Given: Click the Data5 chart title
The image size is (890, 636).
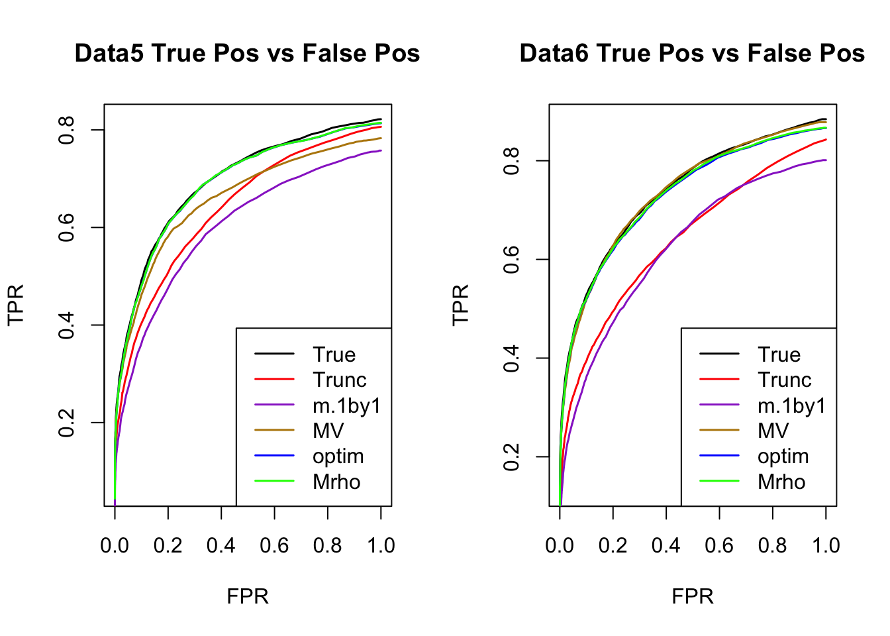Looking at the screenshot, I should click(247, 54).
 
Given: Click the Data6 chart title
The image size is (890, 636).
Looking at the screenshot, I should click(692, 54).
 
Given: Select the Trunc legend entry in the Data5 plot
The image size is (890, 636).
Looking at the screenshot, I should click(339, 380).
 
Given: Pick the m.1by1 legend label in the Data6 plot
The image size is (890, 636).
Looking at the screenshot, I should click(792, 405).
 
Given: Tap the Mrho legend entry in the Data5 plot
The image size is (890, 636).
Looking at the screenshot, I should click(336, 482).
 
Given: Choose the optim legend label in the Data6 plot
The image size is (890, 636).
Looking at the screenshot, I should click(783, 456).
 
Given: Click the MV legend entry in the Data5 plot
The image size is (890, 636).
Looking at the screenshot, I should click(328, 431).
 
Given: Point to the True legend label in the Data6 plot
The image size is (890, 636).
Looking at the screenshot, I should click(779, 355).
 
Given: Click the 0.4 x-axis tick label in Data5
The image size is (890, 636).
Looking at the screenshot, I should click(221, 546).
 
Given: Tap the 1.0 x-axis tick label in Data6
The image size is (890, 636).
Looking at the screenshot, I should click(826, 546).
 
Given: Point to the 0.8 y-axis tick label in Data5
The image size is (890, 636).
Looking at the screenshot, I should click(67, 130).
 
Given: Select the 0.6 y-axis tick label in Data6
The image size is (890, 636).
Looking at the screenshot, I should click(512, 259).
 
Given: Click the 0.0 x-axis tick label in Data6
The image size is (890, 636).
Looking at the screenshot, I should click(560, 546).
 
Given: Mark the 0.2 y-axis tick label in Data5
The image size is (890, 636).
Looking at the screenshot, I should click(67, 423).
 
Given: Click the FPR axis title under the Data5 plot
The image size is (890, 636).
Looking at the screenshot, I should click(248, 596).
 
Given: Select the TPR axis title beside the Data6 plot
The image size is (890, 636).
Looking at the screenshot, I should click(460, 305).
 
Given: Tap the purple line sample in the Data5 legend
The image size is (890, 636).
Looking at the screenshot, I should click(274, 405).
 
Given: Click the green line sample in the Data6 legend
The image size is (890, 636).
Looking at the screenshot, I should click(719, 482).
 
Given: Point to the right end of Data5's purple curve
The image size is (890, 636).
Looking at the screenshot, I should click(381, 150).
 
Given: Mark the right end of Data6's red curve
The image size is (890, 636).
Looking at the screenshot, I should click(826, 140).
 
